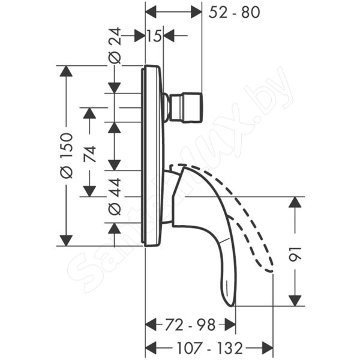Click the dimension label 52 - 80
[234, 12]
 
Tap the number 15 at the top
[154, 36]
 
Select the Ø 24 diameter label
[115, 45]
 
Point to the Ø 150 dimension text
[67, 155]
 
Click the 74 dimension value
[89, 154]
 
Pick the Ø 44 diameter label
[115, 197]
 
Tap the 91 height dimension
[295, 254]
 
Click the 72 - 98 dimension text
[190, 325]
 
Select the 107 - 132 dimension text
[210, 348]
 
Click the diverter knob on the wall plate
[184, 107]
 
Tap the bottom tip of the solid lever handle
[231, 305]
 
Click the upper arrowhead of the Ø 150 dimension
[66, 71]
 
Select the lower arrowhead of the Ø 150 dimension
[66, 241]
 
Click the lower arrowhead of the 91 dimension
[295, 301]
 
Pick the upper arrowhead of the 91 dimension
[295, 202]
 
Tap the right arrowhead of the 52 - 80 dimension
[197, 12]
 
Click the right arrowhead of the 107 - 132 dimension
[268, 348]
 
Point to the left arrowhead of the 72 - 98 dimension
[151, 325]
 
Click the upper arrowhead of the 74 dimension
[89, 113]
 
